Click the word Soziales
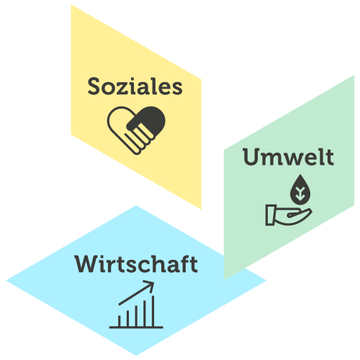coord(135,86)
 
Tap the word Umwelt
coord(288,157)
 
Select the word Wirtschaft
coord(136,264)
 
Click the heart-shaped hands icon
coord(136,130)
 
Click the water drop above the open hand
coord(300,189)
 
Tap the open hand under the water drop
coord(289,215)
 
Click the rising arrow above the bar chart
coord(136,293)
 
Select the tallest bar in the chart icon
coord(153,311)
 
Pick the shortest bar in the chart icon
coord(120,321)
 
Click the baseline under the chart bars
coord(136,327)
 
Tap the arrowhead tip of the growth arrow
coord(153,282)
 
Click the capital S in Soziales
coord(95,86)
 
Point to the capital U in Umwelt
coord(251,157)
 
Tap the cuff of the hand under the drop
coord(270,215)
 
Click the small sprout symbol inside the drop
coord(300,194)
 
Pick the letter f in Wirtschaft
coord(184,264)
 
